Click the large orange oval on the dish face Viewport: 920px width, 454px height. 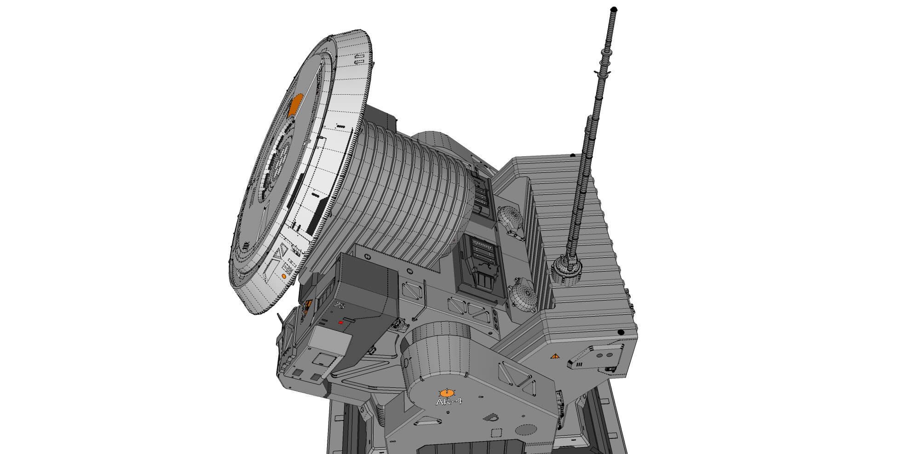coord(295,104)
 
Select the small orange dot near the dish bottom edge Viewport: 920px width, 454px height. coord(283,277)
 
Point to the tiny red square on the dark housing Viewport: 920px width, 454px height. coord(340,323)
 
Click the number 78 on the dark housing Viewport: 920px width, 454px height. coord(339,306)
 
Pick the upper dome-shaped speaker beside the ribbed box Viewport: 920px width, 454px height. coord(510,219)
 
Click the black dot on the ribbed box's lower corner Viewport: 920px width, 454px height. coord(621,332)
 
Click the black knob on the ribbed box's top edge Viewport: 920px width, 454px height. coord(572,156)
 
